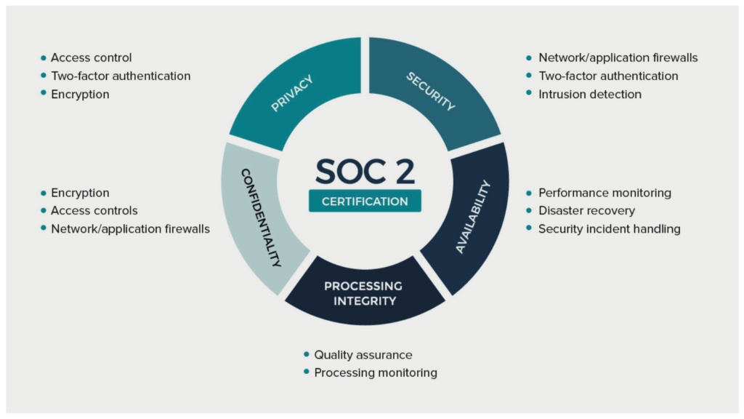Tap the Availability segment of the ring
(x=470, y=218)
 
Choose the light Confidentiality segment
(x=259, y=218)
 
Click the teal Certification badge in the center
(x=365, y=201)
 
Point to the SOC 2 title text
(x=365, y=171)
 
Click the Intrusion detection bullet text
(x=590, y=94)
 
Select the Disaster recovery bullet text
(x=586, y=210)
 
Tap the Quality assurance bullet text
(x=363, y=355)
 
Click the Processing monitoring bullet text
(x=376, y=373)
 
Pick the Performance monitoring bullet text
(x=604, y=193)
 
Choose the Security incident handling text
(x=610, y=229)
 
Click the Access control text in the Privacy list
(x=91, y=57)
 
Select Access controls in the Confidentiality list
(x=94, y=210)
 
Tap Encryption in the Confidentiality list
(x=80, y=193)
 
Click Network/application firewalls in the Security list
(x=618, y=57)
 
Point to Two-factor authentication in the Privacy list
(x=121, y=76)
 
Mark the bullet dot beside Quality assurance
(x=306, y=354)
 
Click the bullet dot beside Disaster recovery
(x=529, y=210)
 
